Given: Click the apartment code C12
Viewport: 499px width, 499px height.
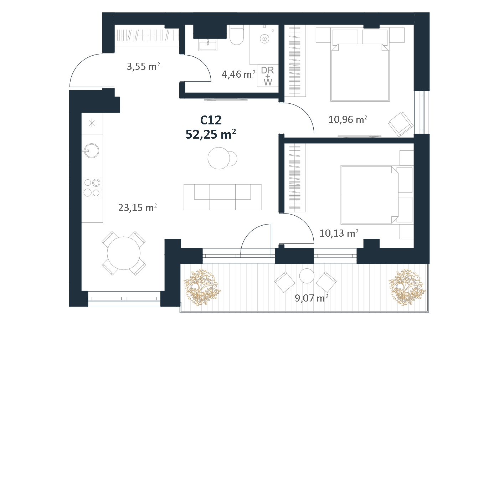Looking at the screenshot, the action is [211, 120].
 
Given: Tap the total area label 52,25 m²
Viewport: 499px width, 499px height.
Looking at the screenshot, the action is [211, 134].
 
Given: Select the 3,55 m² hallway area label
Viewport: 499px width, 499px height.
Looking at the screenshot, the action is [143, 66].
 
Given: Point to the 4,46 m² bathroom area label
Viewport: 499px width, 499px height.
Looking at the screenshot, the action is [238, 74].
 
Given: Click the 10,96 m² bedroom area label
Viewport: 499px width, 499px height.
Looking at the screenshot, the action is [348, 119].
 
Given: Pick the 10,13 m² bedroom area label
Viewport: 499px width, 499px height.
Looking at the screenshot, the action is [339, 233].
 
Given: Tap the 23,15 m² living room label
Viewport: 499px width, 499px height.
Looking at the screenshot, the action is [138, 207].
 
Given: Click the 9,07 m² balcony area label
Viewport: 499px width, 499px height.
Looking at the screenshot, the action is [311, 298].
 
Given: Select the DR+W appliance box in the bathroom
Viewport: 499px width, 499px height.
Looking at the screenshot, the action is [268, 76].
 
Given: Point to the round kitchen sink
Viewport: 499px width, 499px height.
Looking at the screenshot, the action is [91, 150].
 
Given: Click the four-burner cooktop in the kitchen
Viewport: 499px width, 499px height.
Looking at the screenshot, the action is [92, 188].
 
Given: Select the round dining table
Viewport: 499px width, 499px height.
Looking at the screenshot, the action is [124, 253].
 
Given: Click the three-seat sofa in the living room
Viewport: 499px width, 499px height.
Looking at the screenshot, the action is [222, 197].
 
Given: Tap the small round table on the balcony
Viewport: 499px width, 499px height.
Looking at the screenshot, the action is [307, 276].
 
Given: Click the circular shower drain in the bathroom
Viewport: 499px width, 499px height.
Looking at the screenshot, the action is [264, 39].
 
